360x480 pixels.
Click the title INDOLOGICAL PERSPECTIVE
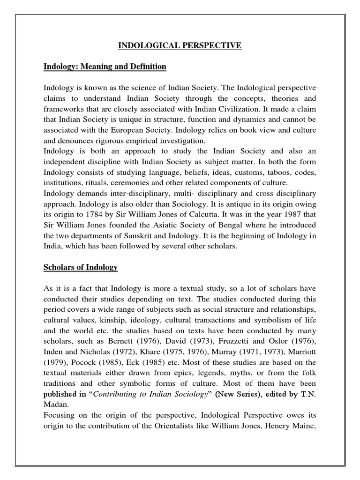(180, 45)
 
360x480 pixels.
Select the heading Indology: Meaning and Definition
(105, 67)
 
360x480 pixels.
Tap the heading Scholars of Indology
(81, 267)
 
